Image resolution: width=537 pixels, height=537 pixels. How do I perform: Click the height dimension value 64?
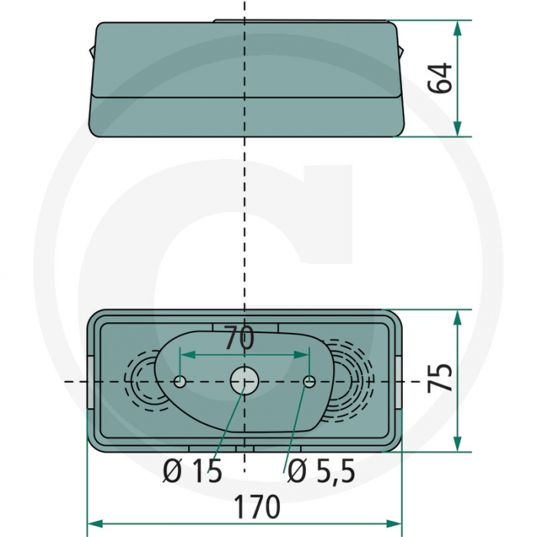point(440,78)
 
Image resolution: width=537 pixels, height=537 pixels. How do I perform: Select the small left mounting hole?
point(180,382)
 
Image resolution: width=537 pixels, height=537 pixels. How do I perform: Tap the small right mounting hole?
point(309,382)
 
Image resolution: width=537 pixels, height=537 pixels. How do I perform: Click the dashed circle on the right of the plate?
point(353,376)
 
